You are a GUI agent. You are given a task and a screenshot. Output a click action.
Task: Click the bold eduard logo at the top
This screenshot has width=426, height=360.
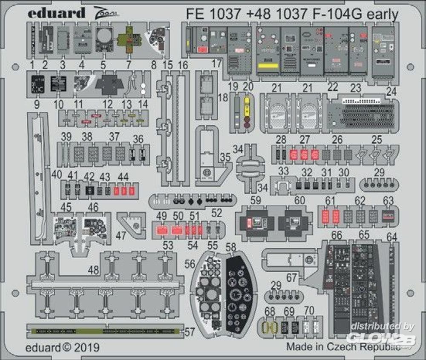(57, 13)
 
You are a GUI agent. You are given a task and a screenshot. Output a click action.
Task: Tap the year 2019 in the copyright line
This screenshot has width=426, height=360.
(87, 348)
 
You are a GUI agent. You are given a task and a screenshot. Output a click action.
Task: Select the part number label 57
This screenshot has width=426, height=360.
(190, 331)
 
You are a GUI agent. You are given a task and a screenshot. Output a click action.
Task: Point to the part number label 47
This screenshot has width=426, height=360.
(121, 235)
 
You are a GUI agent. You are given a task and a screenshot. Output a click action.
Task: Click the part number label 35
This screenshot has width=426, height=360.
(226, 157)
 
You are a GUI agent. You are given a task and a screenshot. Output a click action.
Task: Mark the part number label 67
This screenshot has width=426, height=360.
(291, 278)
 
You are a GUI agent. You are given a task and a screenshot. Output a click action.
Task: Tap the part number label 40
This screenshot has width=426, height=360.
(56, 174)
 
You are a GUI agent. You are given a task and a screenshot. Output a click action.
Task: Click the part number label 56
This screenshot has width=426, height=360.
(190, 264)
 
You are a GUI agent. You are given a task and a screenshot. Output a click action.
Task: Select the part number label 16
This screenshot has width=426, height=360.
(183, 65)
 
